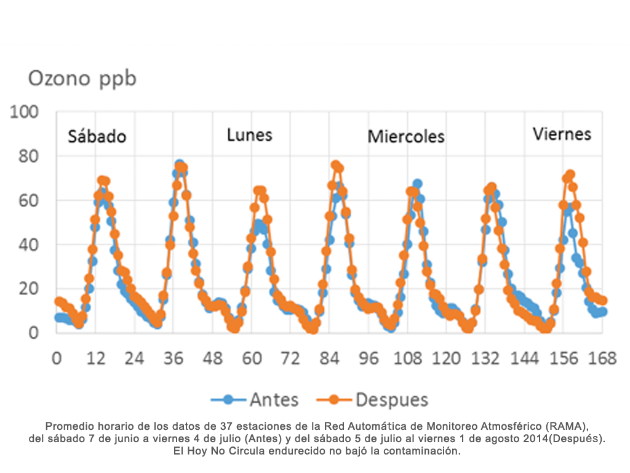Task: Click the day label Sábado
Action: coord(97,136)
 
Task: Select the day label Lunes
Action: coord(249,135)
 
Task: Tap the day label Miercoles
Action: coord(406,136)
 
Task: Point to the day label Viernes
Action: coord(562,134)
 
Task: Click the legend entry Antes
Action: coord(274,400)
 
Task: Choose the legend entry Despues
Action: coord(391,400)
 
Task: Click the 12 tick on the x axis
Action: coord(95,358)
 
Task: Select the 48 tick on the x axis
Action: coord(213,358)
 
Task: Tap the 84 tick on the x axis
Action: coord(330,358)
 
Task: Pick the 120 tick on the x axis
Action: coord(447,358)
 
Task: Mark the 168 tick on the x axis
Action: coord(603,358)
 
